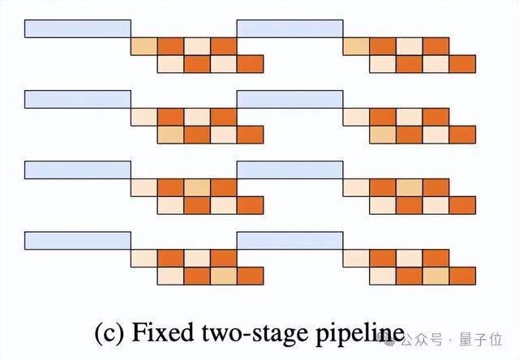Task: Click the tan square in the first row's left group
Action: click(x=144, y=45)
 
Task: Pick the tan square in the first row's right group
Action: click(x=356, y=45)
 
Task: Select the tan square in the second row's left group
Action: click(x=170, y=135)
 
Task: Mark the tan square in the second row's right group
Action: click(x=383, y=135)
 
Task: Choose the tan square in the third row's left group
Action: click(x=197, y=187)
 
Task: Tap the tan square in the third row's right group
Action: click(x=410, y=187)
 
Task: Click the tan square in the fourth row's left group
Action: click(x=224, y=276)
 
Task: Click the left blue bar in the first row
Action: click(x=78, y=28)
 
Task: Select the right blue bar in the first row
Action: click(x=290, y=28)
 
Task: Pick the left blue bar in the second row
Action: click(x=78, y=99)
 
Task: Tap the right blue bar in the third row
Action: click(x=290, y=169)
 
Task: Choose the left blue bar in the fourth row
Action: click(x=78, y=240)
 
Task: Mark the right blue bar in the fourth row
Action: click(x=290, y=240)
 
